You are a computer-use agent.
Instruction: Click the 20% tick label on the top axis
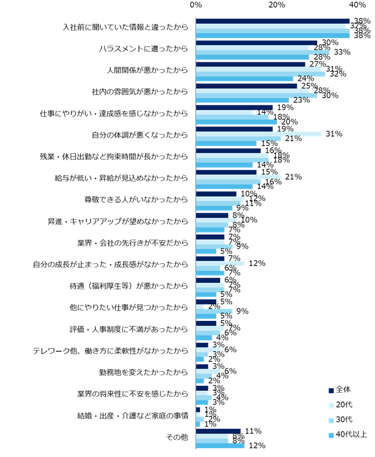(x=276, y=5)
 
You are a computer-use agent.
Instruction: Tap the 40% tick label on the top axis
(x=357, y=5)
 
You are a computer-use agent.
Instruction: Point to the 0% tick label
(x=196, y=5)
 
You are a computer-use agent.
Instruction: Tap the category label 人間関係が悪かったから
(x=147, y=70)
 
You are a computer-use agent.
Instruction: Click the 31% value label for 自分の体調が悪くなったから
(x=334, y=133)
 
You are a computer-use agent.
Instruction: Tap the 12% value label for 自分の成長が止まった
(x=257, y=264)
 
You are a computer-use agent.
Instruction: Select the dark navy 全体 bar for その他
(x=218, y=431)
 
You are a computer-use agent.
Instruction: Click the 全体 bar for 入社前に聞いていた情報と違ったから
(x=273, y=21)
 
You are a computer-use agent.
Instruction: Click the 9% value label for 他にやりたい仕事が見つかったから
(x=242, y=311)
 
